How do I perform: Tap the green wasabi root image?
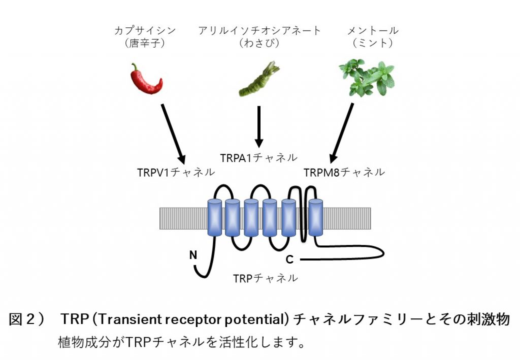[x=259, y=80]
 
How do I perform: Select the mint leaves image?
[x=367, y=78]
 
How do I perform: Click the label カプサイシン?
[x=145, y=30]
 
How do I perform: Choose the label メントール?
[x=373, y=30]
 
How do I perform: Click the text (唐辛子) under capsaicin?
[x=145, y=44]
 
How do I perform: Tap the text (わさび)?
[x=259, y=44]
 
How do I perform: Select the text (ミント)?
[x=373, y=44]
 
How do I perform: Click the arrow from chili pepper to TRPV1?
[x=173, y=134]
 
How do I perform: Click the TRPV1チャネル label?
[x=176, y=172]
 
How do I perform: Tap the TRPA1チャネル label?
[x=258, y=157]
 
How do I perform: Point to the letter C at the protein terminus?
[x=289, y=260]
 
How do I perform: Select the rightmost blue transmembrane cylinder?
[x=316, y=217]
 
